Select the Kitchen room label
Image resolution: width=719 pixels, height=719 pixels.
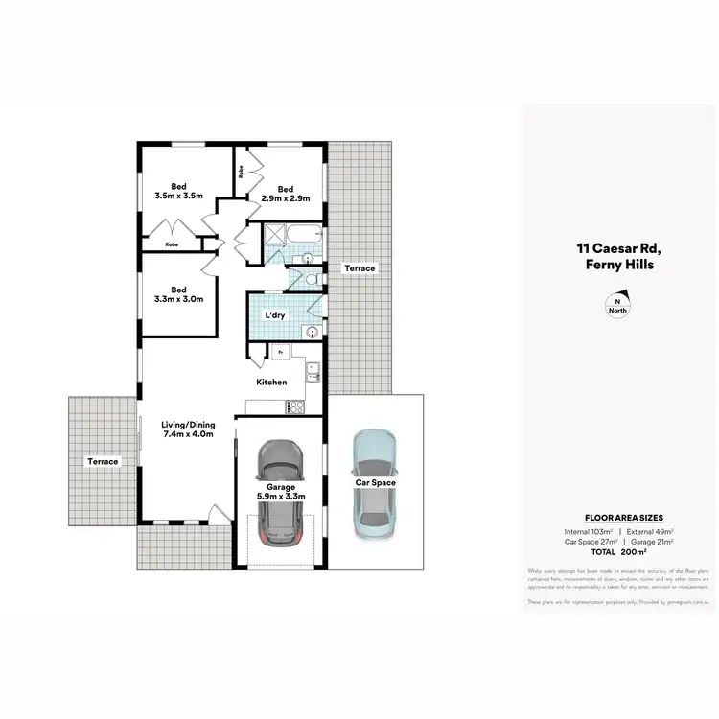271,383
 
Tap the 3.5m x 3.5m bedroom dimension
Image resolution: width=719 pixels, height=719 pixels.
178,196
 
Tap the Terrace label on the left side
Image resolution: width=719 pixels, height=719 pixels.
103,462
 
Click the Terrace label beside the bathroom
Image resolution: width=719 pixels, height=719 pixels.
359,268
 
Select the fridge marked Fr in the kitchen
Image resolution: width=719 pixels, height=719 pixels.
280,353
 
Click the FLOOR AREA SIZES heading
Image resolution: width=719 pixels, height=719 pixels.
617,517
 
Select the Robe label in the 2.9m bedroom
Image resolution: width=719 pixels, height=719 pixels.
242,174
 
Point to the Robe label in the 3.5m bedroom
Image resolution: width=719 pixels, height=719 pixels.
172,245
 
